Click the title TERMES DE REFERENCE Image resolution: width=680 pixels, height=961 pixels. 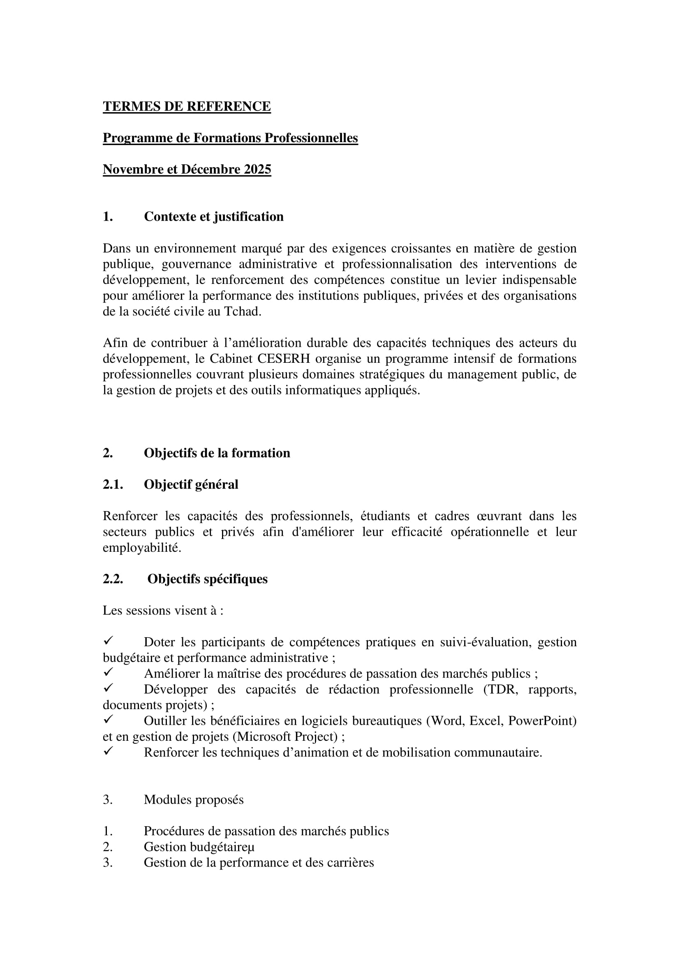click(187, 106)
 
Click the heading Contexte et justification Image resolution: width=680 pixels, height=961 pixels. click(213, 217)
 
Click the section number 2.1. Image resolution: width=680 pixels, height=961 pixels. click(113, 484)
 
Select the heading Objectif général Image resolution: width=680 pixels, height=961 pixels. click(191, 484)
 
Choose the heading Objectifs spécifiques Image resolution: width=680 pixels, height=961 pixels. click(207, 579)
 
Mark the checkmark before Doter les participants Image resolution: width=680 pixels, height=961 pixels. click(108, 641)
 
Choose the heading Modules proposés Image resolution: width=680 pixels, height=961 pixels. click(194, 800)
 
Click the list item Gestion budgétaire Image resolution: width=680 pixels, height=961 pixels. click(199, 847)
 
